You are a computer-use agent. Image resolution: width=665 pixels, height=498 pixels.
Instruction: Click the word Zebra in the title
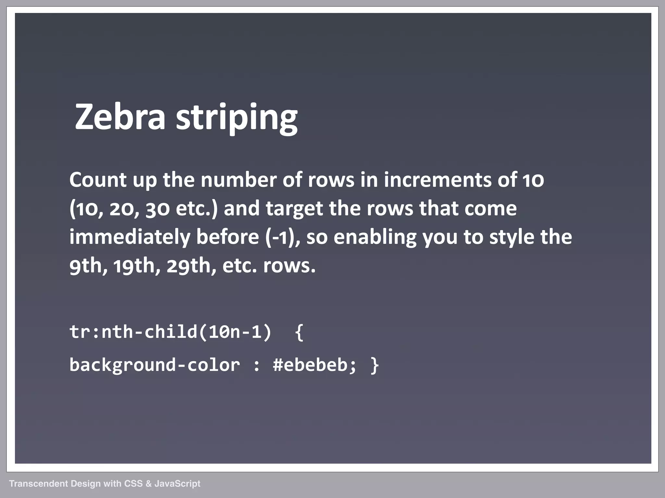[x=120, y=117]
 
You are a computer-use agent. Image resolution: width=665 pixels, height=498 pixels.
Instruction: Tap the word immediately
[x=130, y=237]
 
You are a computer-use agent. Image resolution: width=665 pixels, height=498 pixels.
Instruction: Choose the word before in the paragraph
[x=227, y=237]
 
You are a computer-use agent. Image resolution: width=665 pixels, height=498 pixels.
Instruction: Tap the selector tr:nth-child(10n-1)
[x=170, y=332]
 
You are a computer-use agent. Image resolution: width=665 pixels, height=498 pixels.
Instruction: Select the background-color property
[x=155, y=365]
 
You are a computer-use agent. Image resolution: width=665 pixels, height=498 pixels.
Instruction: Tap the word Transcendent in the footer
[x=38, y=484]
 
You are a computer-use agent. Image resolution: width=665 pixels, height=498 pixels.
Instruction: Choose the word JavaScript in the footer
[x=177, y=484]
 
